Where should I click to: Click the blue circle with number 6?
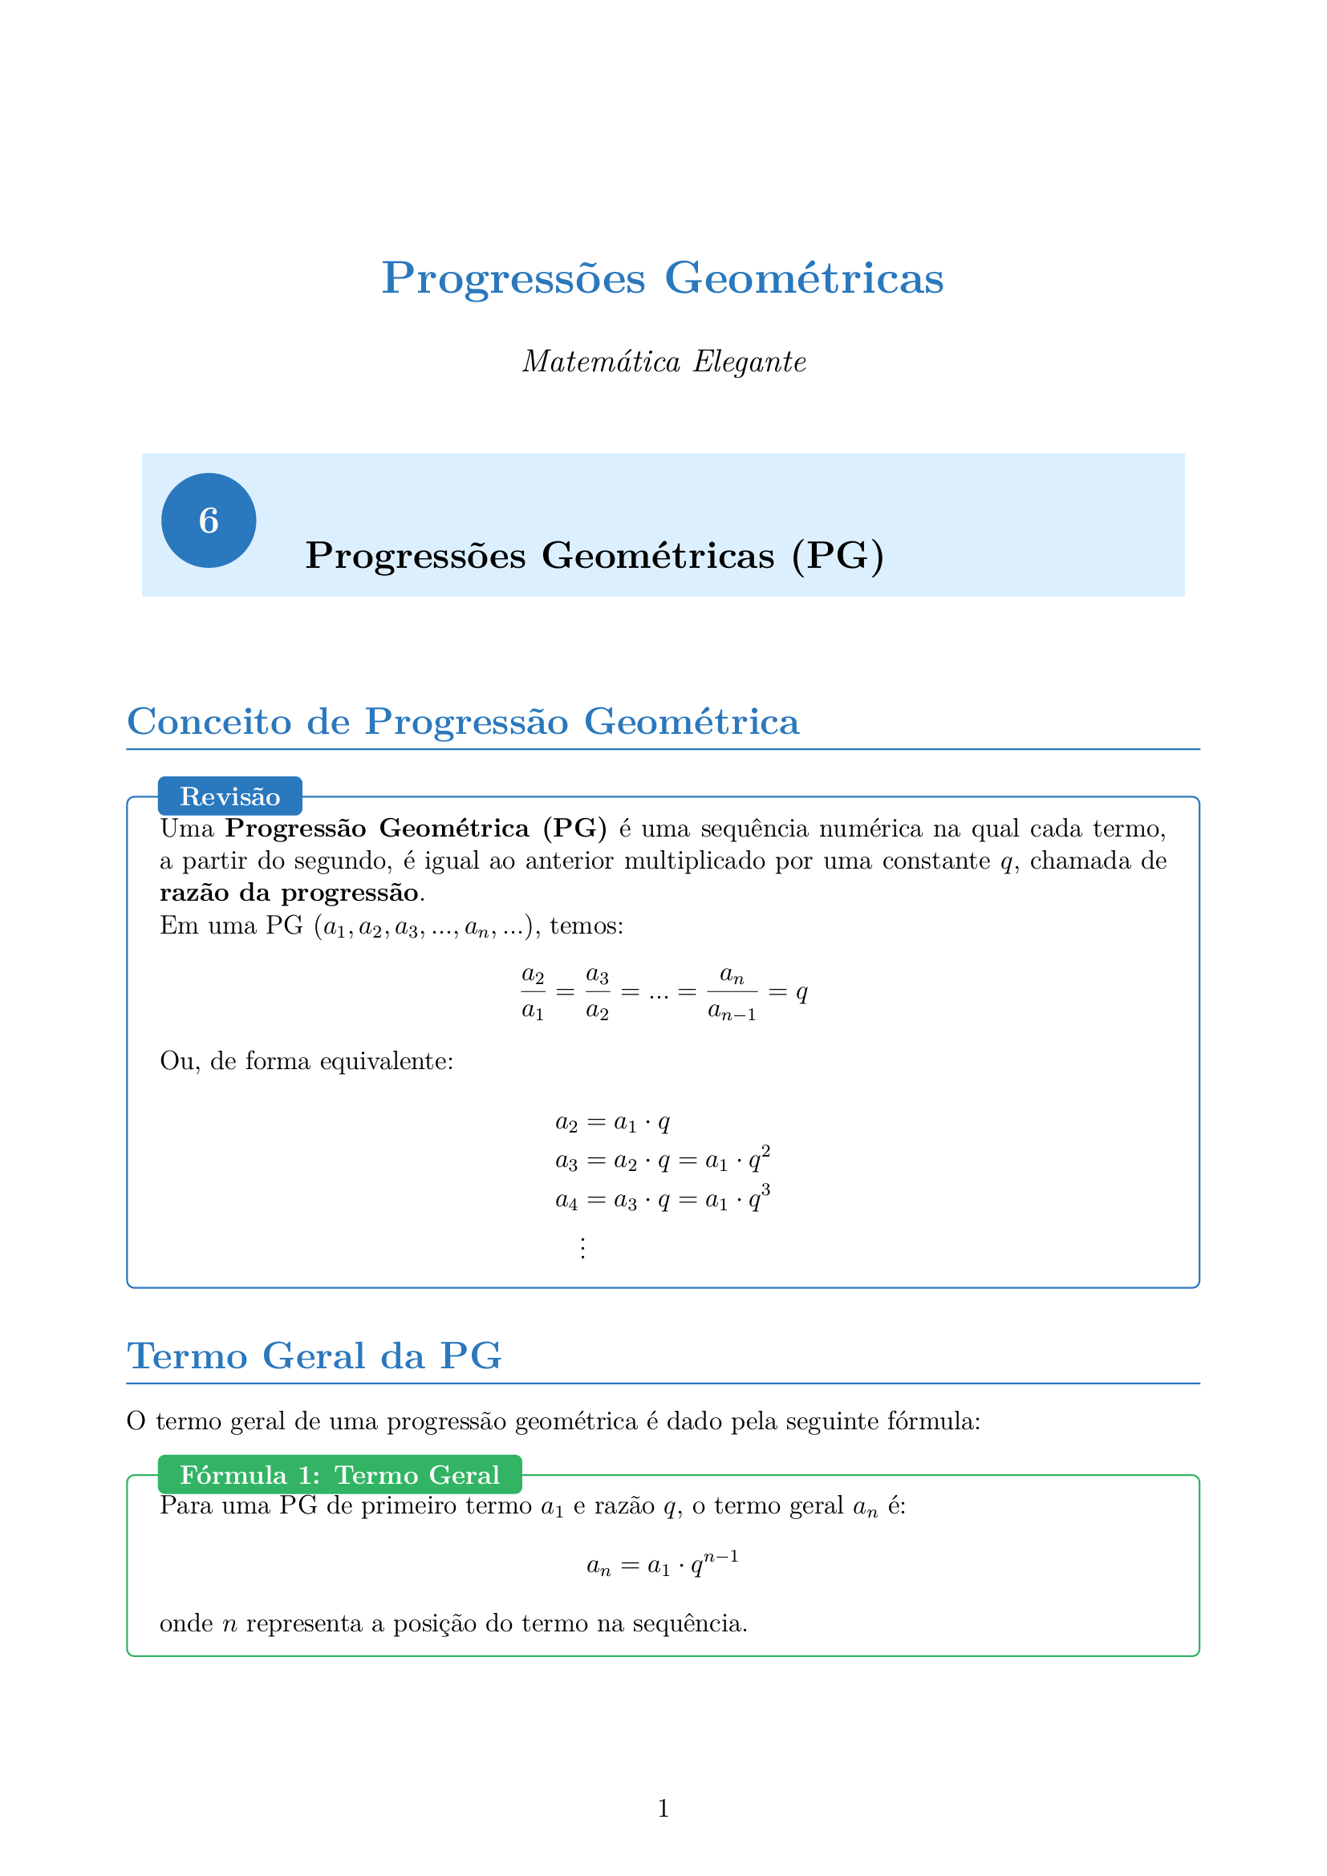(x=209, y=521)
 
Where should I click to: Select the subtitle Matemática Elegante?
(x=663, y=361)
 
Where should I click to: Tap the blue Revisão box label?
(x=229, y=796)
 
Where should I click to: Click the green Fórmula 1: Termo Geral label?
(x=339, y=1475)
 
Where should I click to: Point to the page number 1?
(x=663, y=1808)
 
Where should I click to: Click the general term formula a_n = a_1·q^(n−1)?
(x=663, y=1564)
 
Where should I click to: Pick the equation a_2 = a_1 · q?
(x=613, y=1123)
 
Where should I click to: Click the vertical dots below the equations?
(x=582, y=1249)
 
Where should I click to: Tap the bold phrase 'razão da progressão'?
(x=290, y=892)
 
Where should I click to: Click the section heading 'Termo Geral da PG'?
(x=314, y=1356)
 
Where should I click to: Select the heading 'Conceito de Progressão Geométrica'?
(x=462, y=722)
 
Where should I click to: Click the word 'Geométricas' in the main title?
(x=804, y=278)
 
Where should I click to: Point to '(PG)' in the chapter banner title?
(x=838, y=556)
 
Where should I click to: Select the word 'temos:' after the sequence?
(x=586, y=926)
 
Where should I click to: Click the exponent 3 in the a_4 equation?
(x=765, y=1189)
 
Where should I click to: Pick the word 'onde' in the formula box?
(x=186, y=1623)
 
